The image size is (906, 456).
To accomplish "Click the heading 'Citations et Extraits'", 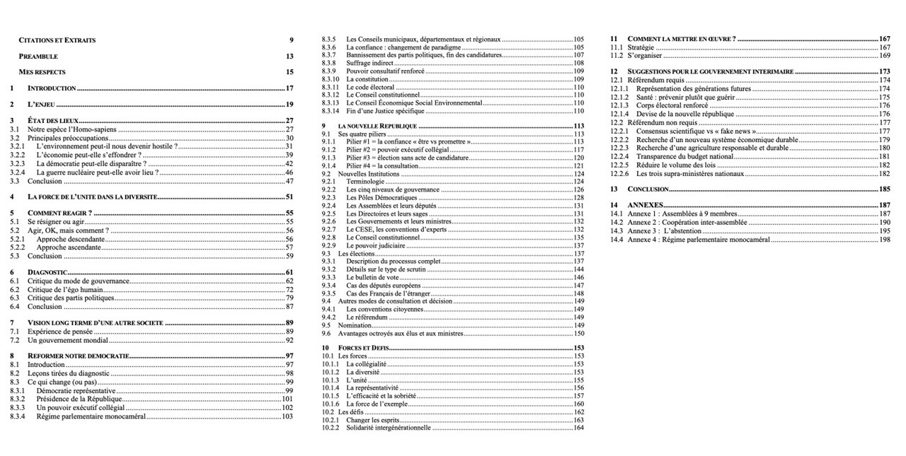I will point(57,40).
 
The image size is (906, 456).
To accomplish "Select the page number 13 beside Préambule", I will point(289,56).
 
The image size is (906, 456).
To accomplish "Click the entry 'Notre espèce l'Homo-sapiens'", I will point(72,129).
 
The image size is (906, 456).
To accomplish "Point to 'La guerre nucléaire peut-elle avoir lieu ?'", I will point(97,173).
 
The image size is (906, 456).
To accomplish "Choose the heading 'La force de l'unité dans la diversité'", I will point(92,197).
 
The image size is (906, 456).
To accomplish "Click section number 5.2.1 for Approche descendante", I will point(18,240).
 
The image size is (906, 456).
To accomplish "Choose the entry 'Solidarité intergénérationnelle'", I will point(388,428).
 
